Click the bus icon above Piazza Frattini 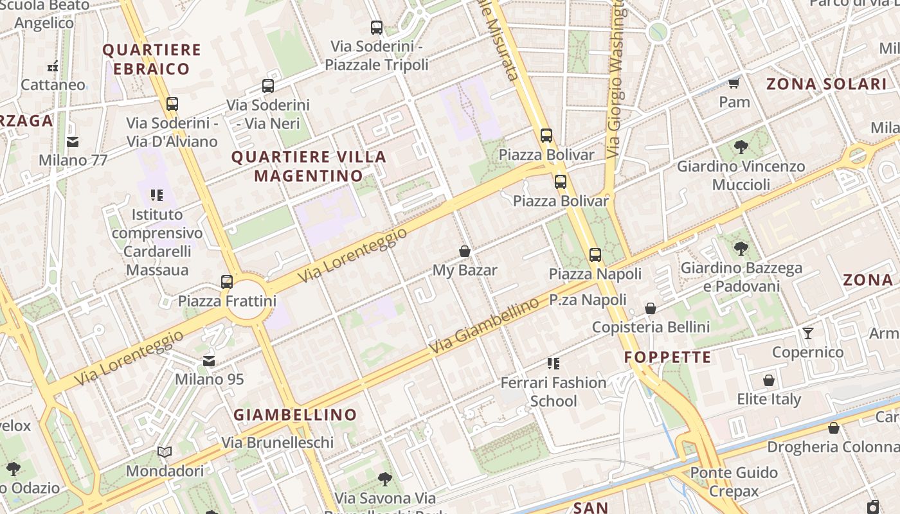(226, 281)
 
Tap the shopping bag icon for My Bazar (465, 251)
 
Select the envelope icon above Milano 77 (73, 141)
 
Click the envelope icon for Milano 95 (209, 361)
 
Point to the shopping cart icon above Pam (733, 83)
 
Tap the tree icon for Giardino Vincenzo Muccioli (741, 147)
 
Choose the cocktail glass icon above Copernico (808, 333)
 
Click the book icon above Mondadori (165, 452)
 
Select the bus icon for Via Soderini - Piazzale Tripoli (377, 28)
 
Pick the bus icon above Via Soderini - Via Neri (268, 86)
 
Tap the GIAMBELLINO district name (295, 415)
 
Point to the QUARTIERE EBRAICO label (152, 59)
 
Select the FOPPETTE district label (668, 357)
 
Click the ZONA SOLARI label (827, 84)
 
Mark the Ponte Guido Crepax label (733, 482)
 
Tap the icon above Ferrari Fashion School (553, 364)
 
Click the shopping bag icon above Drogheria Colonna (834, 428)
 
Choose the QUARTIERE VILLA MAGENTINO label (309, 166)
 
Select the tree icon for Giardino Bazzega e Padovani (741, 249)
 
